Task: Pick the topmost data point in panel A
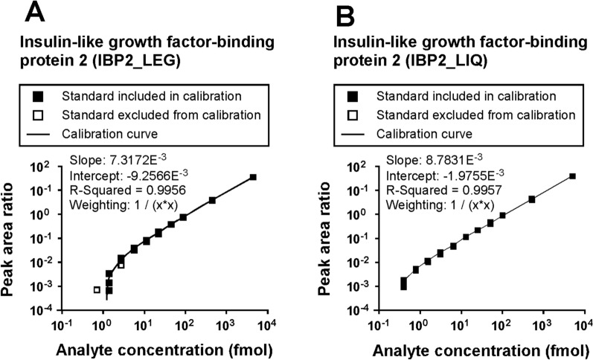pyautogui.click(x=253, y=177)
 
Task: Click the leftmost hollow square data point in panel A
pyautogui.click(x=97, y=289)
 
